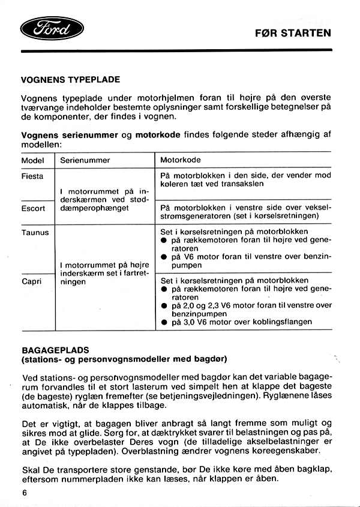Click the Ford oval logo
click(52, 28)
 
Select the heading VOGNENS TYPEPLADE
click(70, 79)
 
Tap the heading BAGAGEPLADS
click(55, 349)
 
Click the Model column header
click(33, 161)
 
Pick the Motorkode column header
click(181, 161)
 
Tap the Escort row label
click(33, 208)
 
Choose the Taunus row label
click(35, 232)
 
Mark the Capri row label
click(32, 280)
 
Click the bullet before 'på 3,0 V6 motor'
click(164, 322)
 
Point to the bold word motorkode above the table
click(158, 135)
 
